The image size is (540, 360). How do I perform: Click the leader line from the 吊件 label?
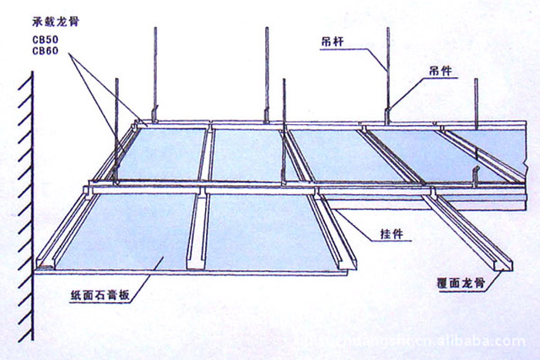(409, 89)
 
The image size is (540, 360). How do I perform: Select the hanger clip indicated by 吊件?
(387, 114)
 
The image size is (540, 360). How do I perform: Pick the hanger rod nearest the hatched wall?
(117, 123)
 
